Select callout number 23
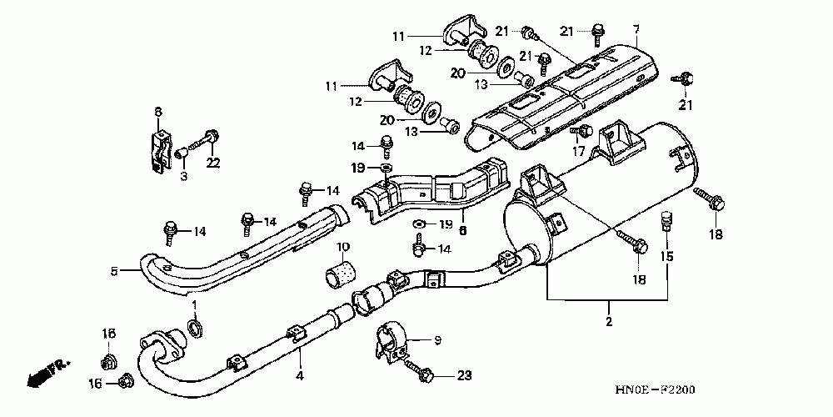point(463,376)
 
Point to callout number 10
point(342,247)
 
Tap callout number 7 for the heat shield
point(636,29)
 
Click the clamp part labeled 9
point(392,343)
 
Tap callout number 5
point(114,271)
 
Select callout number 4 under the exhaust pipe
point(300,376)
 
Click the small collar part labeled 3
point(181,153)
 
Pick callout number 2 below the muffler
point(609,322)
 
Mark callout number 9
point(438,340)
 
